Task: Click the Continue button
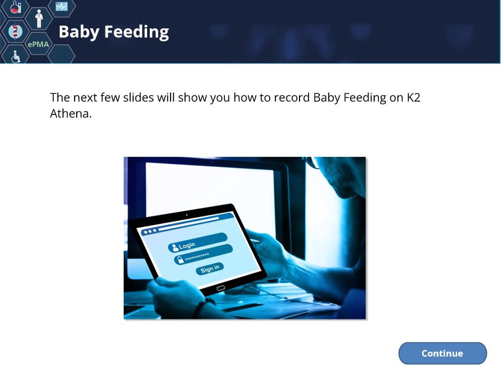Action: [x=442, y=353]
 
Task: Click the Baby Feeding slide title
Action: [x=114, y=32]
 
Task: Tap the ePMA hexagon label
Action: [x=38, y=44]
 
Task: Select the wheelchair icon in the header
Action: [x=15, y=57]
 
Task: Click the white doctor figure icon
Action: [x=39, y=18]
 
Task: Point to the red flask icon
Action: [x=15, y=7]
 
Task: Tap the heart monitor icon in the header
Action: [x=62, y=6]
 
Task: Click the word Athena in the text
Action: [x=70, y=114]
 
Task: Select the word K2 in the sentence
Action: [x=414, y=98]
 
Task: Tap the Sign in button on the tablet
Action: [x=210, y=269]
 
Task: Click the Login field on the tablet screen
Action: [x=198, y=243]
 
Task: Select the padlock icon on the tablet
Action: [x=181, y=260]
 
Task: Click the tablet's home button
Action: [x=221, y=288]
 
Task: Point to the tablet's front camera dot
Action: [x=187, y=215]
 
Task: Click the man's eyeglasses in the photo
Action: [x=312, y=162]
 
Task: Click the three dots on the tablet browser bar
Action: [x=150, y=231]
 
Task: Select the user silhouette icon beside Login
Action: [x=174, y=247]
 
